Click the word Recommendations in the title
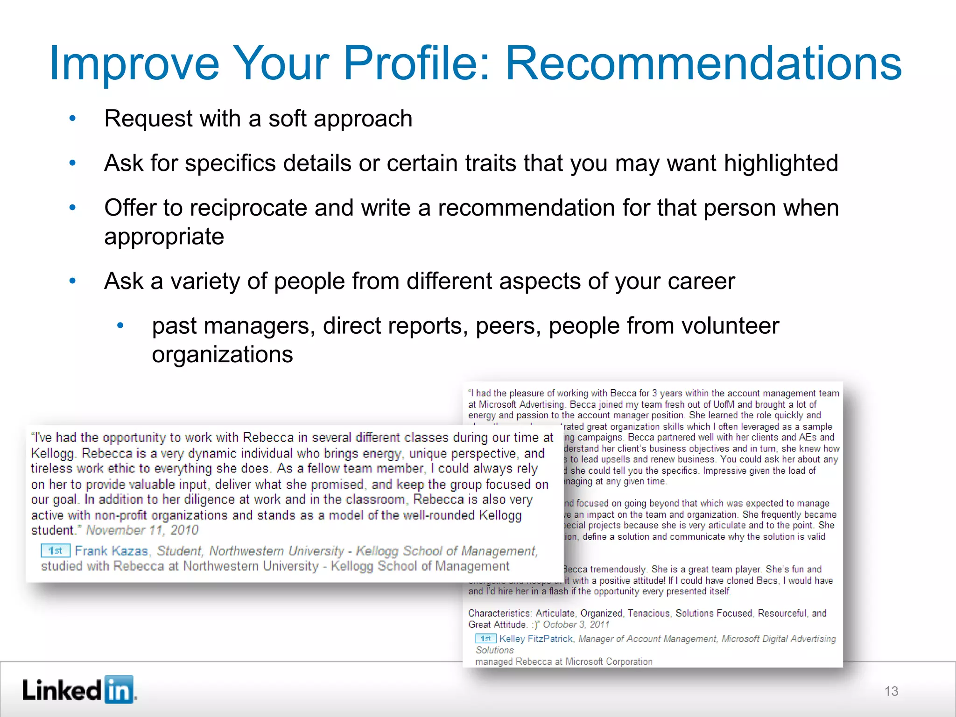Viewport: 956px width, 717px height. point(703,63)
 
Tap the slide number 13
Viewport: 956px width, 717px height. point(891,691)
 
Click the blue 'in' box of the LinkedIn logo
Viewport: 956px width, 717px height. point(119,689)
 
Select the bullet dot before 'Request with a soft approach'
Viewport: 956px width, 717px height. point(72,119)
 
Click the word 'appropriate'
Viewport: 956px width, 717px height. point(164,237)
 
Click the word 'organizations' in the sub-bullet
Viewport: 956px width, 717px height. point(222,355)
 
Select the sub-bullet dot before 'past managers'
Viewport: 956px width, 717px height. point(120,326)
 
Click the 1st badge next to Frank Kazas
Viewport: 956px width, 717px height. point(55,551)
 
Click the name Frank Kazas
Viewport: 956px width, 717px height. point(111,551)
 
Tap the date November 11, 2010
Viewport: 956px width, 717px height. point(142,530)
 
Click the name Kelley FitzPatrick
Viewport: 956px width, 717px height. point(535,639)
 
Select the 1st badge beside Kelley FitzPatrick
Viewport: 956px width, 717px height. point(485,639)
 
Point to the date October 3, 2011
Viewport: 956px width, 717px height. point(576,625)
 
